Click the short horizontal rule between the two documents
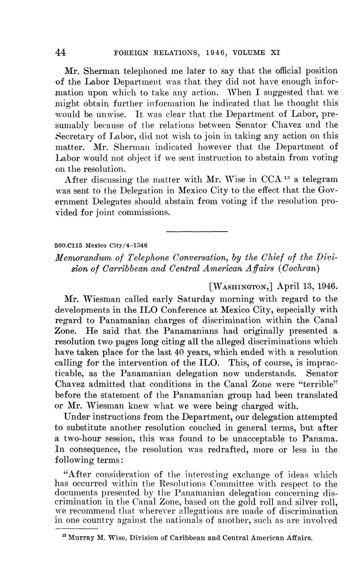197,231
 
